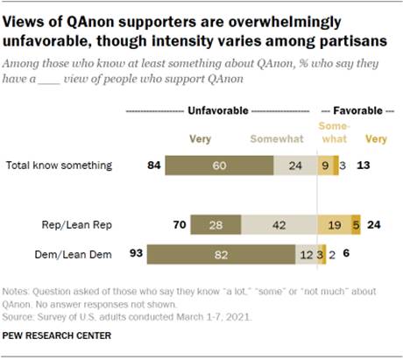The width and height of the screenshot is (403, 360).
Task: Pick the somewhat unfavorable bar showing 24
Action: click(x=295, y=165)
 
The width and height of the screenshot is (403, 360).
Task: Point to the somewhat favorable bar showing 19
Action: click(x=334, y=223)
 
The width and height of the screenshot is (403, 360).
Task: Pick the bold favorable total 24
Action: click(x=375, y=223)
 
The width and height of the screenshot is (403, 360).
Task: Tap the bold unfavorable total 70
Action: click(x=177, y=223)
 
